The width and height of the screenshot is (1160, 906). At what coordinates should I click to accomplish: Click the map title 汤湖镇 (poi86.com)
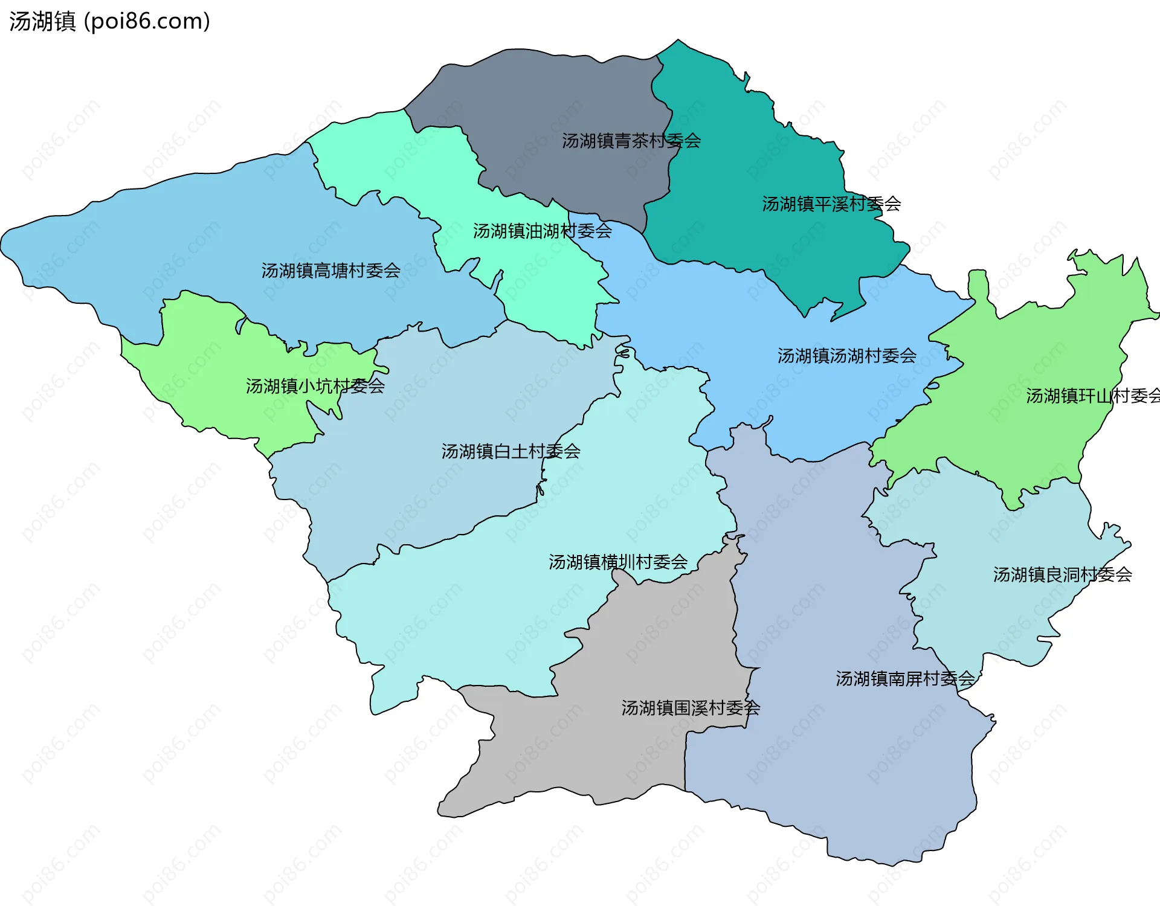[109, 21]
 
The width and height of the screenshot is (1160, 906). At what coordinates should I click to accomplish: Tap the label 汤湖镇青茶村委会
[631, 141]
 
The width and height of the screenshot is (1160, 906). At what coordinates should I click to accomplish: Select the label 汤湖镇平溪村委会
[831, 204]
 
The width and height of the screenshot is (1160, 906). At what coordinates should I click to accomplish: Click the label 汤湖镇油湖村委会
[542, 231]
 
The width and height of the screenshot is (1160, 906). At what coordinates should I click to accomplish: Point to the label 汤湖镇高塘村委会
[330, 271]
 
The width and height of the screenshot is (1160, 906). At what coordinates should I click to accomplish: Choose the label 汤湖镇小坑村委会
[315, 386]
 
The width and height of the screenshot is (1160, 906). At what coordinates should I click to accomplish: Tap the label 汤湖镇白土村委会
[511, 451]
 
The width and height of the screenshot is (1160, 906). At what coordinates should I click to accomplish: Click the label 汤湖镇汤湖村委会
[846, 356]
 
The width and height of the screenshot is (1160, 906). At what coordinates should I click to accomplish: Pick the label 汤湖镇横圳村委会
[617, 562]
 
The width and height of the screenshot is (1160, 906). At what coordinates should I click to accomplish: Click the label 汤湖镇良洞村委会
[1062, 574]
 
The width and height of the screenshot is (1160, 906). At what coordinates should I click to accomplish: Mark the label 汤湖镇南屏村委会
[904, 679]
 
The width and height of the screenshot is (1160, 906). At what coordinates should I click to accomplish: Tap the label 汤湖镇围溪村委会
[690, 708]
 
